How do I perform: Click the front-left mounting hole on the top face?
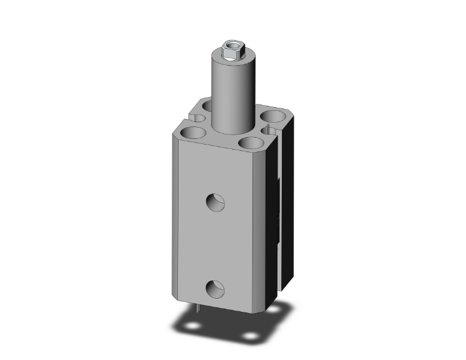[x=192, y=133]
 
